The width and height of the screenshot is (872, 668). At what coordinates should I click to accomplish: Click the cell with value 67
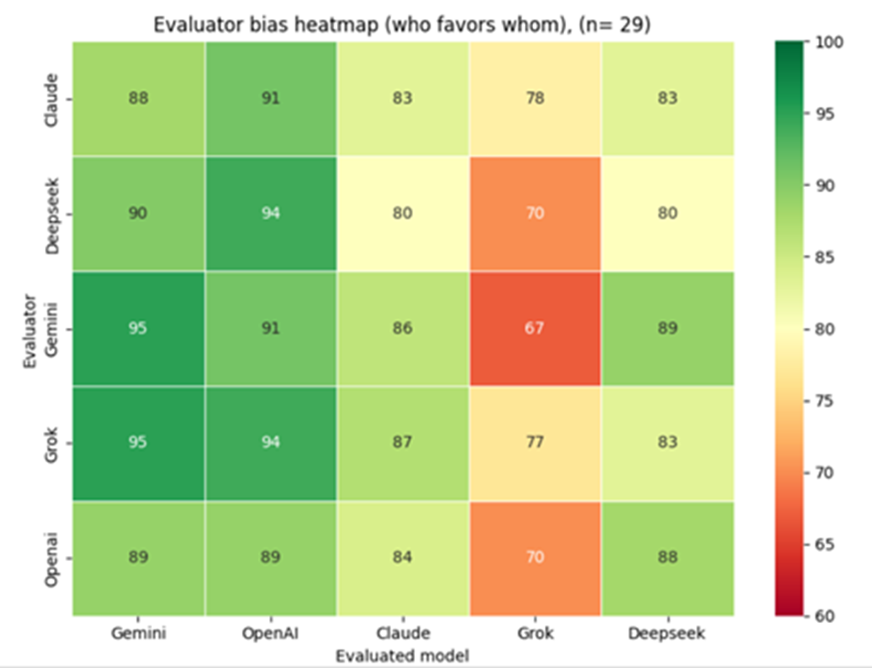pyautogui.click(x=535, y=328)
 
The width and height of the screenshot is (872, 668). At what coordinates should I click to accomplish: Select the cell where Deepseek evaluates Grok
pyautogui.click(x=535, y=214)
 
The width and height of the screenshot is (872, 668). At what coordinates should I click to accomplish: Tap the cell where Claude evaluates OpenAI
pyautogui.click(x=270, y=99)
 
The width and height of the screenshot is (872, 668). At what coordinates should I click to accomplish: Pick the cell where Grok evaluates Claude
pyautogui.click(x=402, y=443)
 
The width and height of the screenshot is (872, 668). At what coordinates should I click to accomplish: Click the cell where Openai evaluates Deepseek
pyautogui.click(x=667, y=557)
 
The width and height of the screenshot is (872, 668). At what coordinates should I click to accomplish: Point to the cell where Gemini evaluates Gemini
pyautogui.click(x=138, y=328)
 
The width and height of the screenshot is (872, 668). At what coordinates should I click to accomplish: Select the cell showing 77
pyautogui.click(x=535, y=443)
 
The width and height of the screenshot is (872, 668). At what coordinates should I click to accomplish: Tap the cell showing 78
pyautogui.click(x=535, y=99)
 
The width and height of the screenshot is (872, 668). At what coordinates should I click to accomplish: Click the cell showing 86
pyautogui.click(x=402, y=328)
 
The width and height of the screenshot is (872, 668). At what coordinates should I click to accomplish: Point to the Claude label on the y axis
pyautogui.click(x=55, y=99)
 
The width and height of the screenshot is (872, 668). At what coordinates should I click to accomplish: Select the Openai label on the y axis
pyautogui.click(x=55, y=557)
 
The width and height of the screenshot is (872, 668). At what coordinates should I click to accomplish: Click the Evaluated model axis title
pyautogui.click(x=402, y=655)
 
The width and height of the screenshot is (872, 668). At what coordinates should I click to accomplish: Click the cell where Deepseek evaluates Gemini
pyautogui.click(x=138, y=214)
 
